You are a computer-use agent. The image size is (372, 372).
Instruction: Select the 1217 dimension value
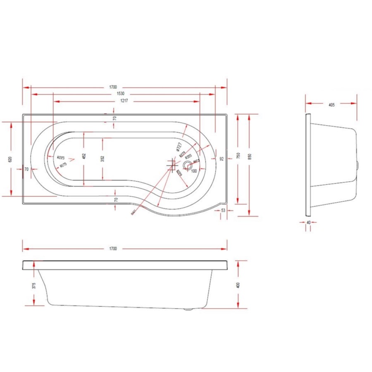coord(124,101)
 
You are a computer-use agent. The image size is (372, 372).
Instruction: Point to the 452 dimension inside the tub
coord(84,156)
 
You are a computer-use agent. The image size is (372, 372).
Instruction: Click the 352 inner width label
coord(103,158)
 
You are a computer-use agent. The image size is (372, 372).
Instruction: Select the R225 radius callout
coord(62,157)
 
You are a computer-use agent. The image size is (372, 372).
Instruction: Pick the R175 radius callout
coord(63,165)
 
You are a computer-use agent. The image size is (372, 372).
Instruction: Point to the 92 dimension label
coord(222,159)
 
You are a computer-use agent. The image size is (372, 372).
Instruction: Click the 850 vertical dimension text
coord(249,156)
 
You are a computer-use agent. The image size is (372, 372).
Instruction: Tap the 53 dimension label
coord(223,210)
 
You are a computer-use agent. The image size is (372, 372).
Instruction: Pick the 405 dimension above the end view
coord(331,105)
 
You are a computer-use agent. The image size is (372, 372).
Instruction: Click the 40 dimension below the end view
coord(308,222)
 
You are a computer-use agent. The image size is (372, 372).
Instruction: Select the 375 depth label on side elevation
coord(34,285)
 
